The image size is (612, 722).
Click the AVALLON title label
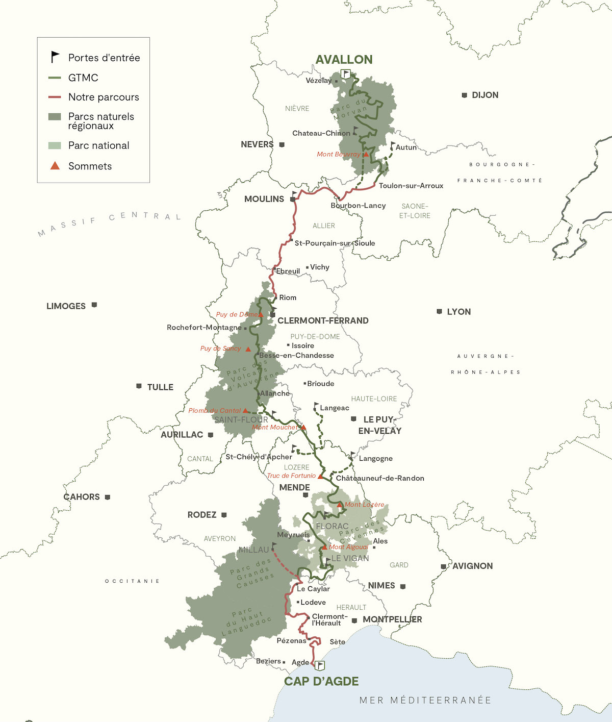click(x=344, y=60)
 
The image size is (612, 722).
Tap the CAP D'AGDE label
click(x=321, y=682)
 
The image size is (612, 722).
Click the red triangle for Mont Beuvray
click(x=366, y=154)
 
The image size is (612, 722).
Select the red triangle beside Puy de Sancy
click(x=248, y=349)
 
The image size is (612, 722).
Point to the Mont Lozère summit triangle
click(x=340, y=505)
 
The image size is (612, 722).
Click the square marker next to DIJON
click(x=464, y=95)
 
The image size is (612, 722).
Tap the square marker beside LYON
click(x=439, y=311)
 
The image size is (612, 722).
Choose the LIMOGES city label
click(x=66, y=306)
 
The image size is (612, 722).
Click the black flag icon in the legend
click(x=55, y=57)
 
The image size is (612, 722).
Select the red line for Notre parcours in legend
click(x=55, y=97)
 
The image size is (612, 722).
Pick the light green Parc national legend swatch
click(x=55, y=145)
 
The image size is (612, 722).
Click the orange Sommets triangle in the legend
click(x=55, y=166)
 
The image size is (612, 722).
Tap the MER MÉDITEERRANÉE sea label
click(x=425, y=701)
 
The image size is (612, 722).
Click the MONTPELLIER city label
click(x=392, y=619)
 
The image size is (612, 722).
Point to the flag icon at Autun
click(x=392, y=145)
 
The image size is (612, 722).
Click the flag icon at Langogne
click(x=352, y=455)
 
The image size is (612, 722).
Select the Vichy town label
click(x=319, y=267)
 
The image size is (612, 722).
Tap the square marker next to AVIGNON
click(x=444, y=566)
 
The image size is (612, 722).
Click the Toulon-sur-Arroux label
click(x=411, y=186)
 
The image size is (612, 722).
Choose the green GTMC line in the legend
click(x=55, y=78)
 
